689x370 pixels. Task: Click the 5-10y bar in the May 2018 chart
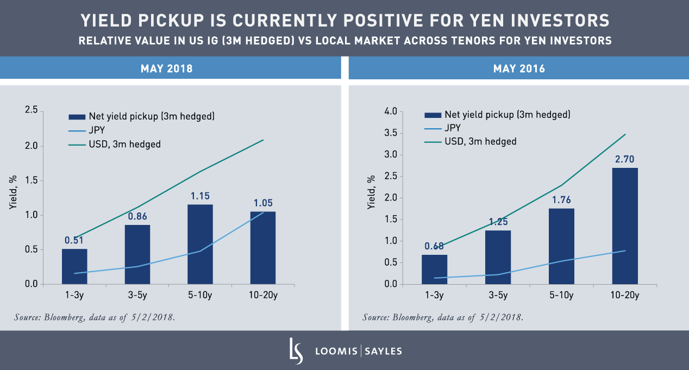point(200,244)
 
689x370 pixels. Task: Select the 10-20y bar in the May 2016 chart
point(625,226)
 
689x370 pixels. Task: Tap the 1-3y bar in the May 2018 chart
point(74,266)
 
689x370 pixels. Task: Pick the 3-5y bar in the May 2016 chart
point(498,257)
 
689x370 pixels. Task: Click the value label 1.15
point(200,196)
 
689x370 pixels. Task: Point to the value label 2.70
point(625,160)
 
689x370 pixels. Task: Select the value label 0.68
point(434,246)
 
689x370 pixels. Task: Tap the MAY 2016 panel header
point(519,69)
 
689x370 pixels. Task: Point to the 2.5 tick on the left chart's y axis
point(32,111)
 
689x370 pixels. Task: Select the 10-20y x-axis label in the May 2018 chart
point(263,296)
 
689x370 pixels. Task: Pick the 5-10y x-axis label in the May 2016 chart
point(561,296)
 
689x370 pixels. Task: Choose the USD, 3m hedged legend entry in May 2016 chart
point(480,141)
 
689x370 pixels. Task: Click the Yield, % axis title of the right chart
point(372,192)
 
